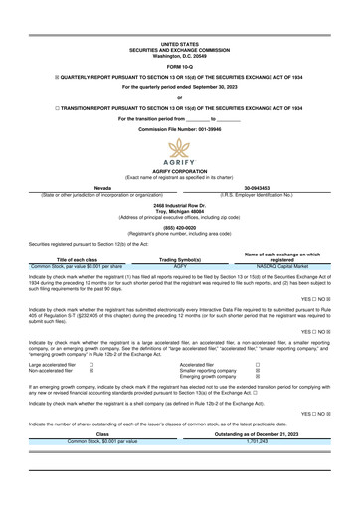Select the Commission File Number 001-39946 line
pos(179,129)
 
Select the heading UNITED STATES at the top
pos(179,44)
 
